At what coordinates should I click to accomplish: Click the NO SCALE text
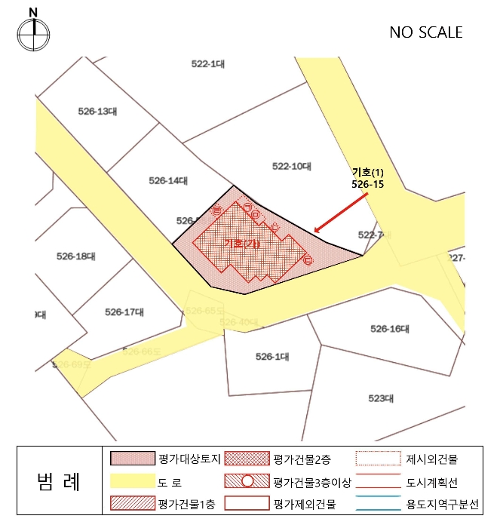(x=425, y=32)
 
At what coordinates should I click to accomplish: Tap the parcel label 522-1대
(x=208, y=64)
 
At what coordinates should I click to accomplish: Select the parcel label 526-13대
(x=97, y=111)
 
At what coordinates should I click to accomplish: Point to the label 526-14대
(x=168, y=180)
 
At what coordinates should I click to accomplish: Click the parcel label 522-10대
(x=291, y=165)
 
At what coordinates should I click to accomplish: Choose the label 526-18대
(x=76, y=256)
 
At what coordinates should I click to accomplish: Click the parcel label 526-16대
(x=389, y=329)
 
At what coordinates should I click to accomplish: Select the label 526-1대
(x=272, y=357)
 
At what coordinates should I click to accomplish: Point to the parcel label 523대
(x=382, y=398)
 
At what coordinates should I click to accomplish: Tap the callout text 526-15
(x=367, y=183)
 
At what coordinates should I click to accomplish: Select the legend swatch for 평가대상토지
(x=131, y=459)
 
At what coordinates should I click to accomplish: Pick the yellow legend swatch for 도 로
(x=131, y=480)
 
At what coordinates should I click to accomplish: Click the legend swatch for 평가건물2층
(x=247, y=459)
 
